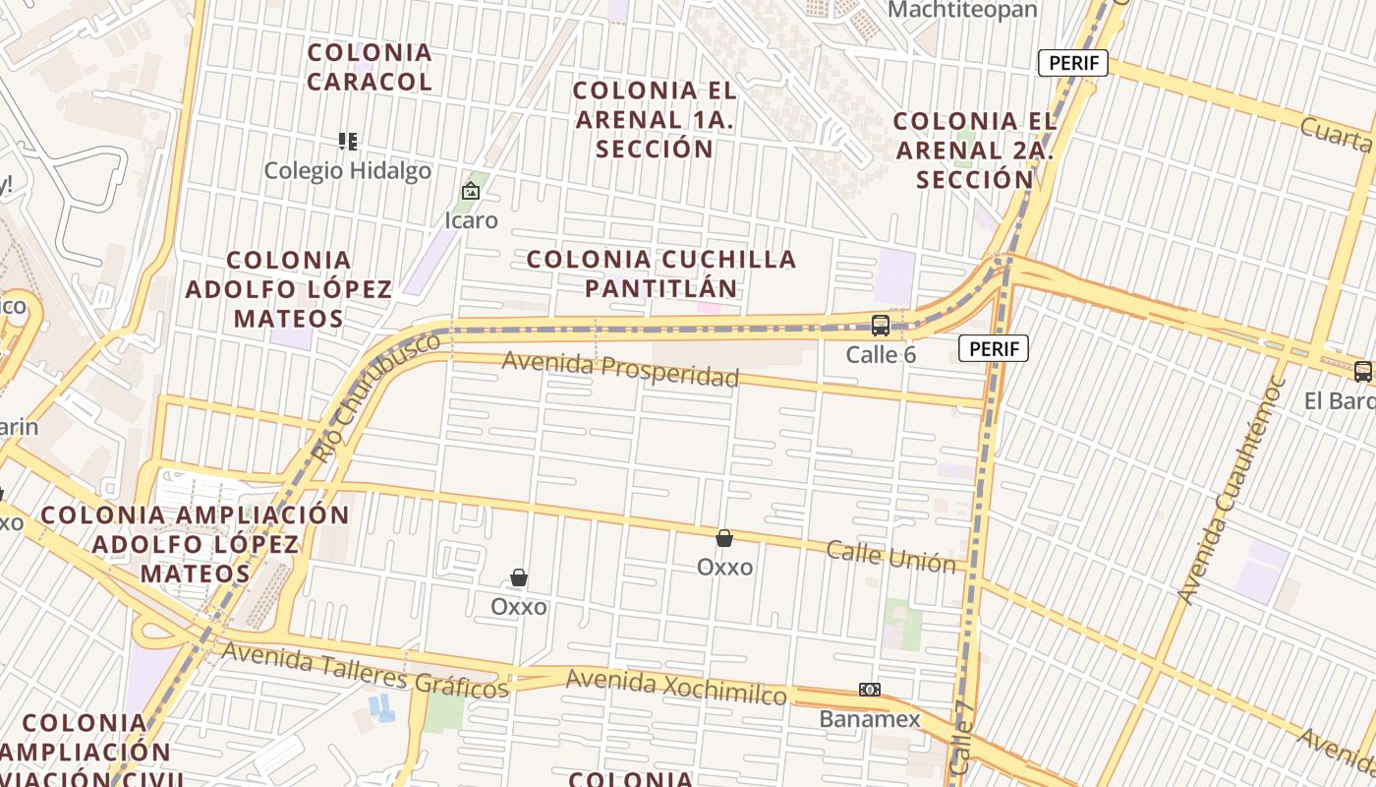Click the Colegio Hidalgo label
click(347, 171)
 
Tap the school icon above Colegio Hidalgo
click(347, 142)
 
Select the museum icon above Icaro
click(471, 191)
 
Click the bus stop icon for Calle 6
click(881, 325)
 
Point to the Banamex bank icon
click(870, 690)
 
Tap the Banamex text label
click(870, 719)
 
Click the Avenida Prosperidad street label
click(620, 369)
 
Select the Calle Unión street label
click(890, 556)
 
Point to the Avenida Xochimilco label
click(676, 687)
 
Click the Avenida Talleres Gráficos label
click(365, 668)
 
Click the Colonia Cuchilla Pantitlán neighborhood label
click(661, 273)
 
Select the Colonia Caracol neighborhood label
click(370, 67)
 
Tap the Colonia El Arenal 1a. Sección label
click(655, 119)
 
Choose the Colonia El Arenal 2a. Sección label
click(975, 151)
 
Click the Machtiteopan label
click(962, 10)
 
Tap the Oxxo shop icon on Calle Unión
click(724, 538)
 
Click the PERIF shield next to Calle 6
click(994, 348)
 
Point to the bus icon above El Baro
click(1363, 372)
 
